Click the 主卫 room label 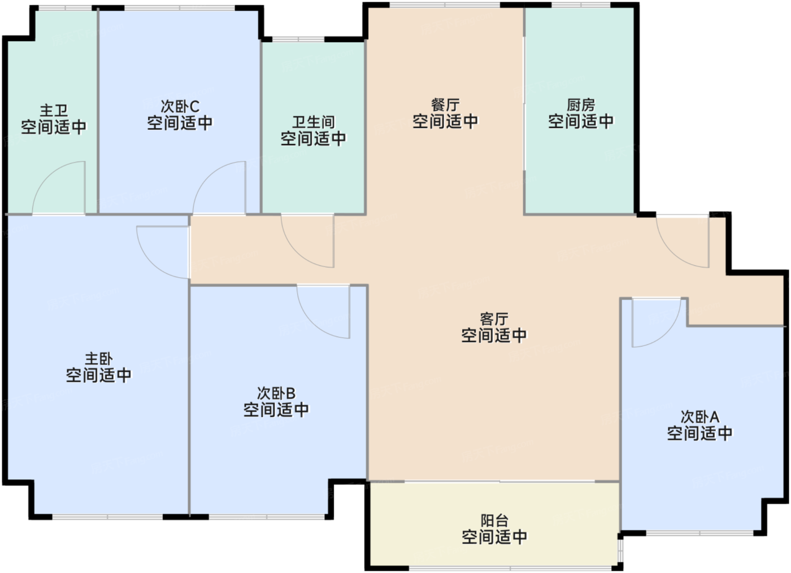point(54,110)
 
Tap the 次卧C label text point(180,106)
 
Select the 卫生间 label point(314,122)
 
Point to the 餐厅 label point(445,104)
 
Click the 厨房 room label point(581,104)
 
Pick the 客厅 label point(494,319)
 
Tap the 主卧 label point(99,358)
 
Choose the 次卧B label point(276,393)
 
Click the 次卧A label point(699,417)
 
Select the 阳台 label point(494,520)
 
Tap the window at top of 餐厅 point(445,6)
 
